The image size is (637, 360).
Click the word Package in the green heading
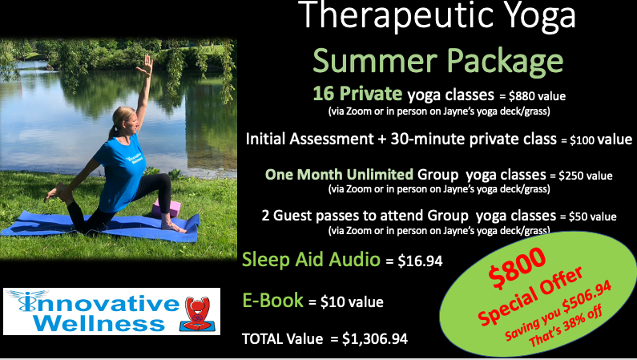point(506,61)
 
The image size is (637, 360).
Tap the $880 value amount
point(537,96)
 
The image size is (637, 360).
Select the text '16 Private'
point(357,94)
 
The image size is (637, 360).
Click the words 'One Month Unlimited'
point(339,175)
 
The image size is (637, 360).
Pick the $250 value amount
point(586,176)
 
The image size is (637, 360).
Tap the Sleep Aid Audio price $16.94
point(420,261)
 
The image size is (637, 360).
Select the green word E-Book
point(273,301)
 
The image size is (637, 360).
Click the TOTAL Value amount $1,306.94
point(374,338)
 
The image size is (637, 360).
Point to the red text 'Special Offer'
point(531,297)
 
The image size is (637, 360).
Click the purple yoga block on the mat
point(166,208)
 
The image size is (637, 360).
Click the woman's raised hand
point(146,66)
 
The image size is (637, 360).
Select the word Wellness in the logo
point(99,323)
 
